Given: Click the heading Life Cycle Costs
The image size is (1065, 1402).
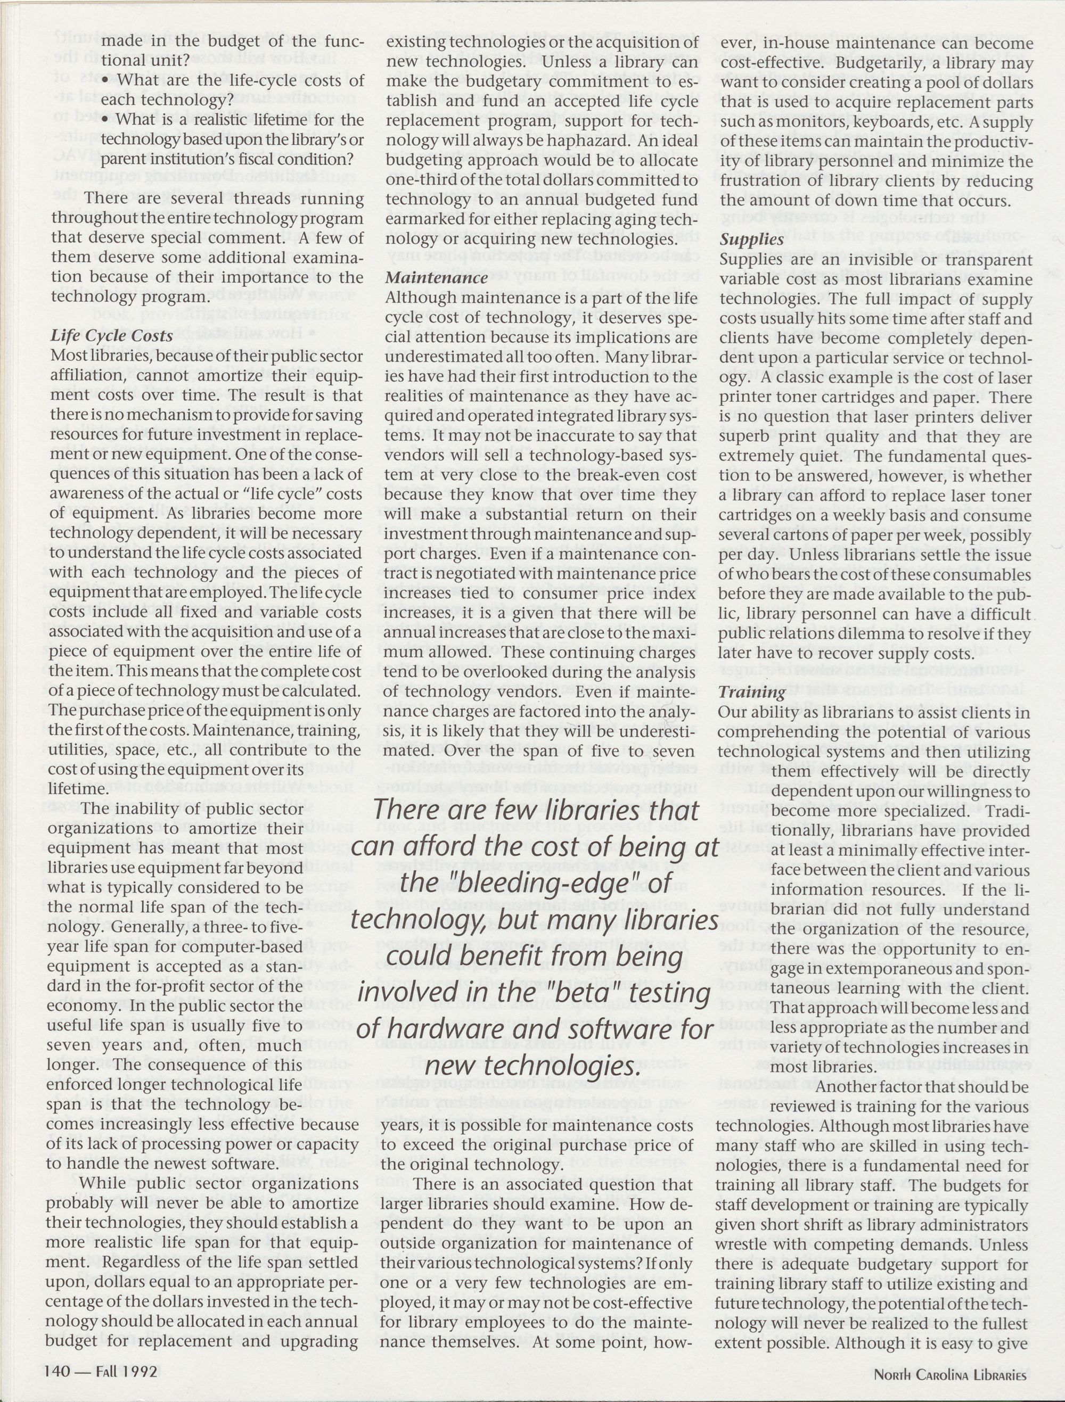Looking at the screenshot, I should point(112,336).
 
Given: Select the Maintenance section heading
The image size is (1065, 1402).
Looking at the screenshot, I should point(437,278).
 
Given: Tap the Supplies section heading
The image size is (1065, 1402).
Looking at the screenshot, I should point(752,240).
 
